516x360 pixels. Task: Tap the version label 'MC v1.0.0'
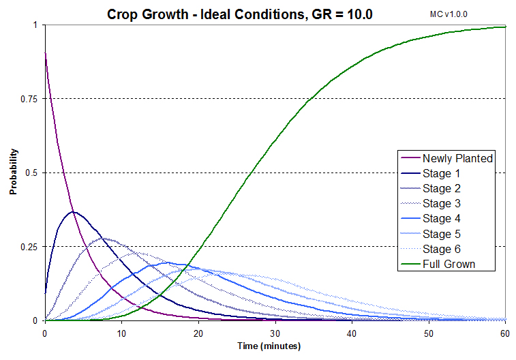(453, 14)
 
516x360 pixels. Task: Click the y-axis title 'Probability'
(12, 172)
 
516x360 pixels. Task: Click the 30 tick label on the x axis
(275, 333)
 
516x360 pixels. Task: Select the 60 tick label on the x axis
(504, 333)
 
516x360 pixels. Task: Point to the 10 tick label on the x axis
(121, 333)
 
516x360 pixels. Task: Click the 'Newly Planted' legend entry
(457, 158)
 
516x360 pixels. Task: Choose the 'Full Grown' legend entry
(449, 264)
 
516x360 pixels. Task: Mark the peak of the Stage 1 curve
(75, 212)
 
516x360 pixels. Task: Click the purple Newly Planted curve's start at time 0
(45, 52)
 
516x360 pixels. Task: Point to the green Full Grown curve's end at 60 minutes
(504, 27)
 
